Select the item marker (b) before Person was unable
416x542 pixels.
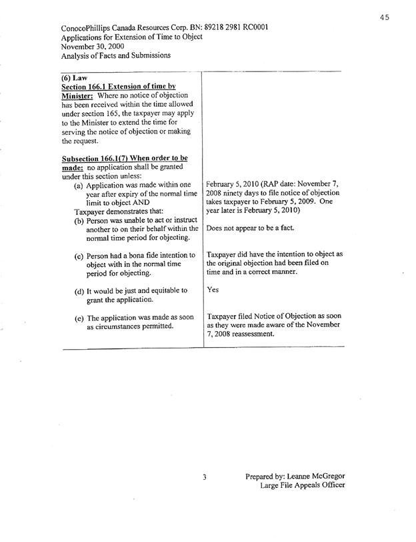pyautogui.click(x=79, y=221)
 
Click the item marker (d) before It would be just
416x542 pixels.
pyautogui.click(x=79, y=291)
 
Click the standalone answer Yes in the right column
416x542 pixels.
pyautogui.click(x=214, y=290)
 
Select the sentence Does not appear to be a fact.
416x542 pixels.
pyautogui.click(x=251, y=228)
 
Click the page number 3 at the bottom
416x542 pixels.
pyautogui.click(x=206, y=478)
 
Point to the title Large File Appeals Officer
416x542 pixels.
pyautogui.click(x=303, y=486)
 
